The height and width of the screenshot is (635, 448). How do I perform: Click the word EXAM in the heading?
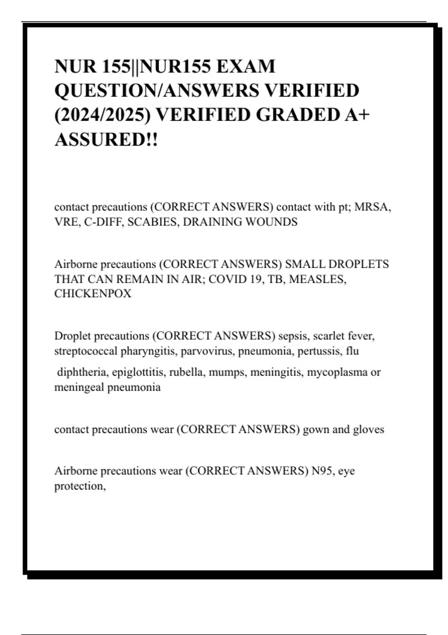[x=245, y=66]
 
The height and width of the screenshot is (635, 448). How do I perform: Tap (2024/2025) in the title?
[x=103, y=115]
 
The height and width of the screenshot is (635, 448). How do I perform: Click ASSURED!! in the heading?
[x=106, y=139]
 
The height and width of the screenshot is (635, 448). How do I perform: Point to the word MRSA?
[x=372, y=207]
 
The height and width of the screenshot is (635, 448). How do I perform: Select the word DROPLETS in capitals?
[x=358, y=264]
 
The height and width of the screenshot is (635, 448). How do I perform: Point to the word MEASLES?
[x=317, y=279]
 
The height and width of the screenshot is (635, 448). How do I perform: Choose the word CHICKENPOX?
[x=93, y=294]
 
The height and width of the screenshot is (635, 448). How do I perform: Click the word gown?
[x=316, y=429]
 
